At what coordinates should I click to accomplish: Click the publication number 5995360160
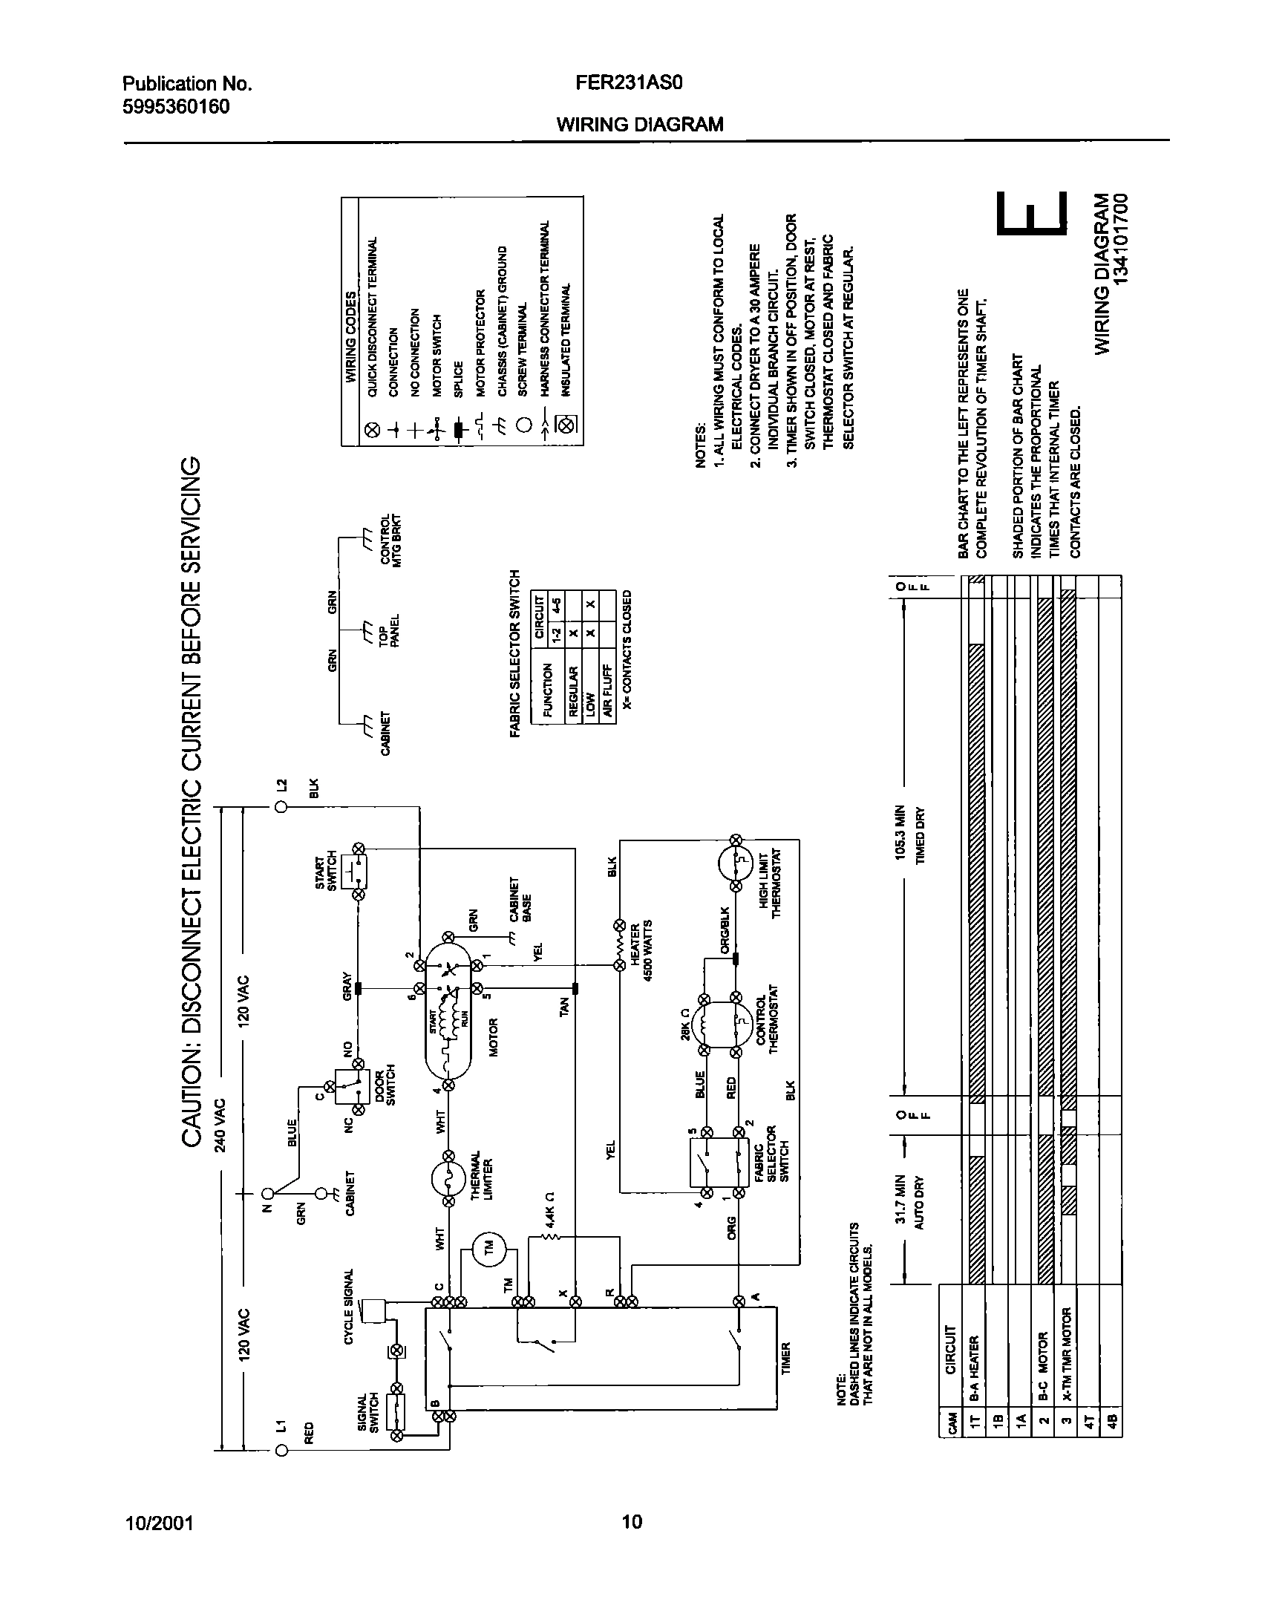(x=175, y=107)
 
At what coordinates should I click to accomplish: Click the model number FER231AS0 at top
(x=628, y=83)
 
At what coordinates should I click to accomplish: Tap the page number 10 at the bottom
(x=632, y=1523)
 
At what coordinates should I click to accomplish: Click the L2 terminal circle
(x=281, y=808)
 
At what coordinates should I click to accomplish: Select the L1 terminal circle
(x=281, y=1451)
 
